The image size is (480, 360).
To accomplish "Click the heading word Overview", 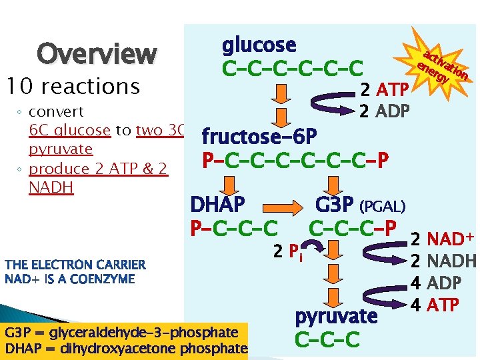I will point(97,53).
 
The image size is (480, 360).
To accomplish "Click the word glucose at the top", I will point(259,45).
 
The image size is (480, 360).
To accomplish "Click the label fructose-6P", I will point(259,137).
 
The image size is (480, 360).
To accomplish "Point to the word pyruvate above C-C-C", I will point(336,315).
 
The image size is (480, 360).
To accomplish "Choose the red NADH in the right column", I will point(451,261).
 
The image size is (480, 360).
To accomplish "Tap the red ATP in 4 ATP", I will point(443,305).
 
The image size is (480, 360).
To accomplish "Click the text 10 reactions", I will point(72,86).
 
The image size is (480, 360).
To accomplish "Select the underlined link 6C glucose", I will point(70,130).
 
